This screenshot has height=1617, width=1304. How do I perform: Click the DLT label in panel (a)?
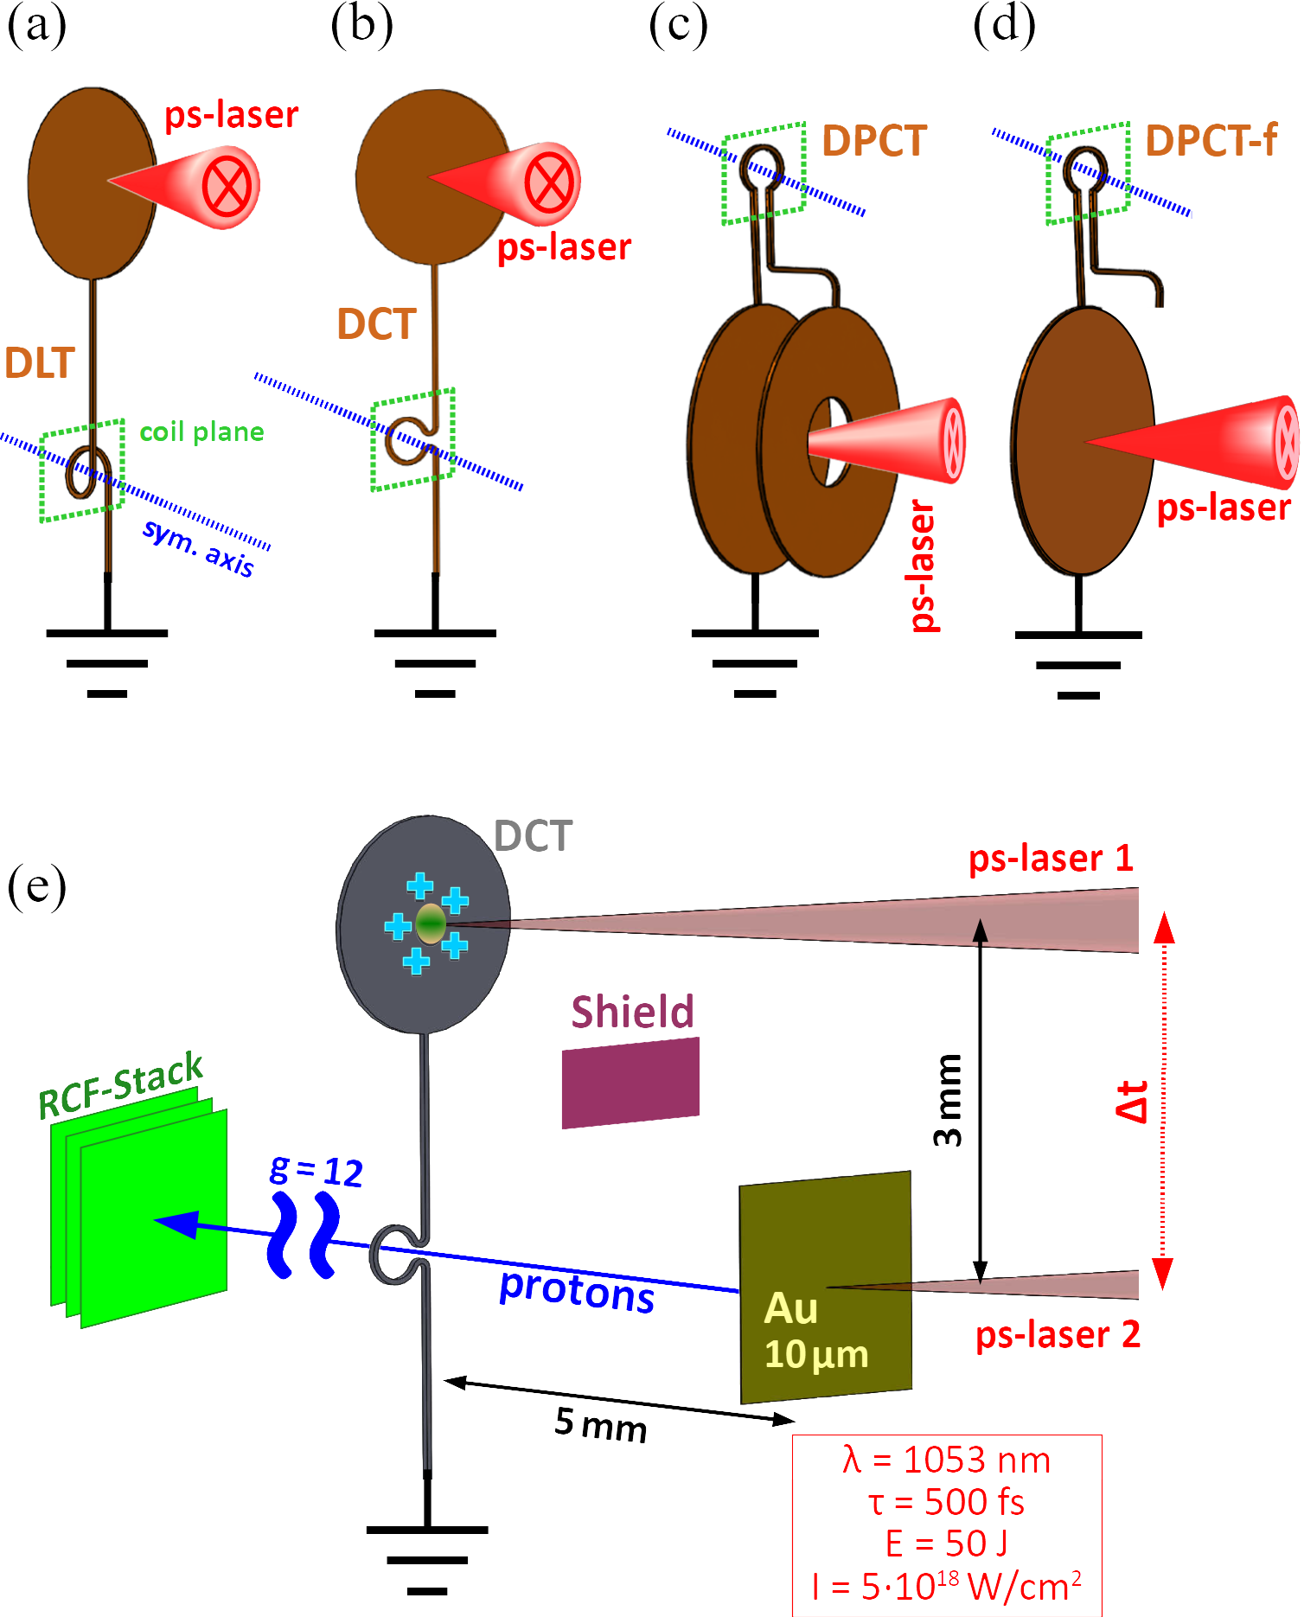pos(40,363)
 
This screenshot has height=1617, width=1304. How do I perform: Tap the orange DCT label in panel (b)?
pos(377,325)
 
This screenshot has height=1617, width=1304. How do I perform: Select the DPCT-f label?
pos(1211,141)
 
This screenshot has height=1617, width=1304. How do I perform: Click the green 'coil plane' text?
pos(201,431)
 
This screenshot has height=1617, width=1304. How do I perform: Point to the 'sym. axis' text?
pos(199,548)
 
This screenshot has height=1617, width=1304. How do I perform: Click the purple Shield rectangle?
pos(630,1083)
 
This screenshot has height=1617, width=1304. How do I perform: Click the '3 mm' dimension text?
pos(948,1100)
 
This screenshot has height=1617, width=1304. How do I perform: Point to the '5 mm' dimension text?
pos(600,1422)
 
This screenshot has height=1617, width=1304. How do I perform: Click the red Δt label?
pos(1132,1101)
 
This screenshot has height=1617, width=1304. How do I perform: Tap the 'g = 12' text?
pos(316,1171)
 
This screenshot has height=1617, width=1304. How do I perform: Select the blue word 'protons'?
pos(577,1291)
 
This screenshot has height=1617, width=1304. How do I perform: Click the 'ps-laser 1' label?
pos(1050,859)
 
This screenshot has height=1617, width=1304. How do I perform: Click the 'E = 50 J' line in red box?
pos(946,1543)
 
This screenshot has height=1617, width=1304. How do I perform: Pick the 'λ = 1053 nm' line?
pos(946,1460)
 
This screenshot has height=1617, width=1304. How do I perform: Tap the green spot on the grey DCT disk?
pos(431,924)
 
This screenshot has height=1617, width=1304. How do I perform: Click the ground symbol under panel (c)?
pos(755,663)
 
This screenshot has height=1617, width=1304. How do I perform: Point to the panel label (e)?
pos(36,886)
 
